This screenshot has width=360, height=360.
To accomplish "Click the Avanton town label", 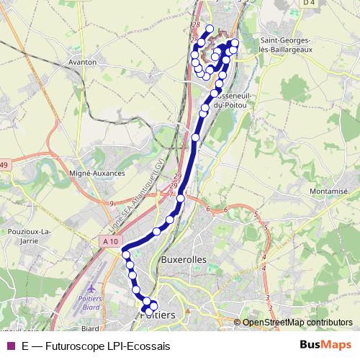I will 81,63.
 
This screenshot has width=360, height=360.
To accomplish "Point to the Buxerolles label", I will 184,259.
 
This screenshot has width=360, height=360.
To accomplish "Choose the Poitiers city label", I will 161,315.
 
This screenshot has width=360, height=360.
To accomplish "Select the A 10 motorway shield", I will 110,242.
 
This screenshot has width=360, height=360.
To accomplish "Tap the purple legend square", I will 10,346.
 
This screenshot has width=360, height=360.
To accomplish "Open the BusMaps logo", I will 325,345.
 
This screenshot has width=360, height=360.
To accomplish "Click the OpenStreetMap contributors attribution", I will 297,323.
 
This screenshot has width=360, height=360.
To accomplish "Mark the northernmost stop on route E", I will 210,29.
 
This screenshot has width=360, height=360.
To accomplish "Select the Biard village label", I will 90,328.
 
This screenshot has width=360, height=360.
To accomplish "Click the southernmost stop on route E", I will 145,310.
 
